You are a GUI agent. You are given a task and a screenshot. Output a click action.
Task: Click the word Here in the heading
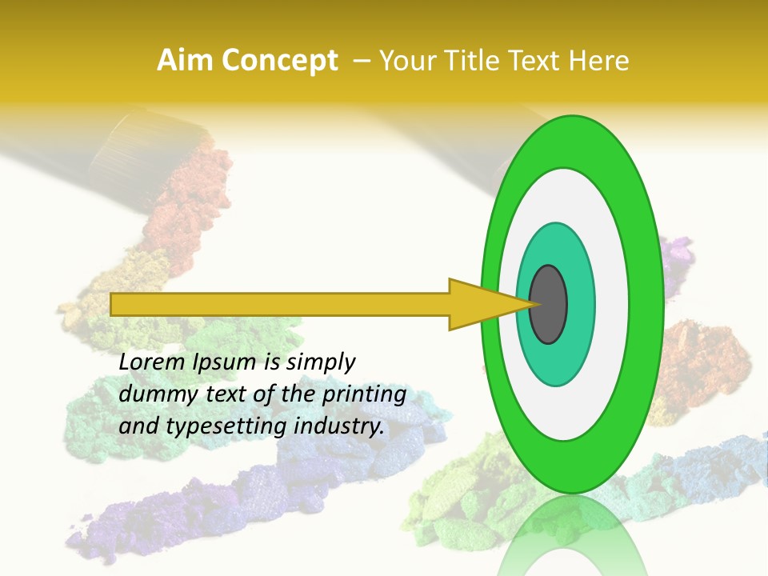(x=600, y=61)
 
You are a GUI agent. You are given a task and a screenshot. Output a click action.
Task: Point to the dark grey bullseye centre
(x=548, y=305)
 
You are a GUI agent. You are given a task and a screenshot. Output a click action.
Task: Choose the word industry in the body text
(x=339, y=426)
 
